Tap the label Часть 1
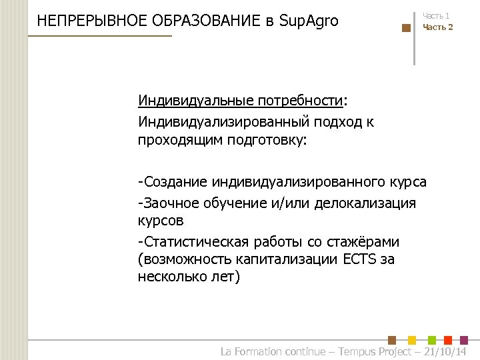pyautogui.click(x=436, y=15)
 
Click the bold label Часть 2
pyautogui.click(x=437, y=27)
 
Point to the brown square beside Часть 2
pyautogui.click(x=406, y=28)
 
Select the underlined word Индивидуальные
pyautogui.click(x=190, y=101)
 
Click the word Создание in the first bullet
pyautogui.click(x=176, y=181)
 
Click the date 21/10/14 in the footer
pyautogui.click(x=446, y=351)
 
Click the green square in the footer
pyautogui.click(x=431, y=339)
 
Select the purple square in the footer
pyautogui.click(x=465, y=339)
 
